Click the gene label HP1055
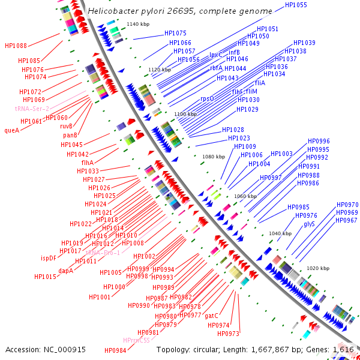click(296, 5)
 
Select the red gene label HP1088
click(16, 46)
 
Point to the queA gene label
click(12, 130)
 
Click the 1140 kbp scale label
click(138, 23)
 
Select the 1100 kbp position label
click(185, 114)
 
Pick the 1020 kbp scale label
click(318, 268)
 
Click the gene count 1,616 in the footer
click(343, 349)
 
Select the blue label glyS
click(309, 224)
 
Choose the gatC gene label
click(211, 316)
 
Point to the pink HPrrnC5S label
click(137, 341)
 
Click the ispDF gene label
click(49, 259)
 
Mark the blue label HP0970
click(347, 205)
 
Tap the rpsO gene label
click(207, 98)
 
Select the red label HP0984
click(115, 350)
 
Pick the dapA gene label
click(66, 271)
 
